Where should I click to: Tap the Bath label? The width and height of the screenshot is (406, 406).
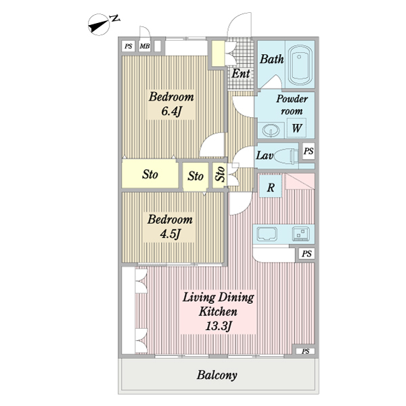pos(272,60)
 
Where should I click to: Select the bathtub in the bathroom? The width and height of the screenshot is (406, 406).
pos(298,64)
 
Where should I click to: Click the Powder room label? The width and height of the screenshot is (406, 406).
pos(292,104)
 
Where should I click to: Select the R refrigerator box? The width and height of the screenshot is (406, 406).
pos(270,187)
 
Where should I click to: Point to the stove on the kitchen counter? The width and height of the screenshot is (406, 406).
pos(300,234)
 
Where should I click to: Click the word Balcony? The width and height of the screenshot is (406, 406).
pos(217,376)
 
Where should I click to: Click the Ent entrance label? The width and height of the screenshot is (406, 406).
pos(241,73)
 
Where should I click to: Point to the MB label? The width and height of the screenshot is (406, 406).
pos(145,46)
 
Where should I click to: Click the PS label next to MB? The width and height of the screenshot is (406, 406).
pos(129,46)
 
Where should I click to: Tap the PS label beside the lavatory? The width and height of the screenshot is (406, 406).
pos(309,152)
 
